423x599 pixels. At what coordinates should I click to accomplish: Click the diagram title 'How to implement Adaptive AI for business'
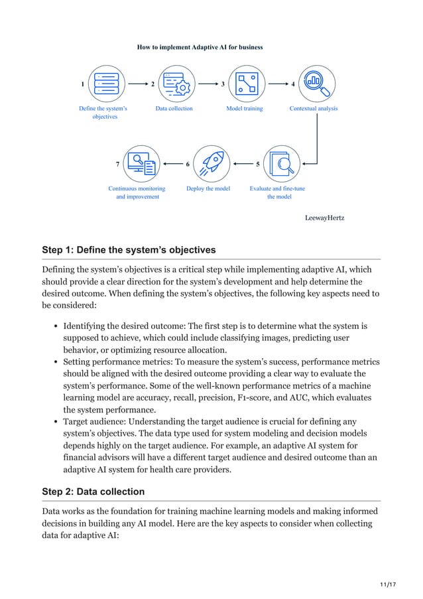pyautogui.click(x=200, y=47)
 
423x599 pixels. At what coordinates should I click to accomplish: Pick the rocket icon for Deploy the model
pyautogui.click(x=211, y=163)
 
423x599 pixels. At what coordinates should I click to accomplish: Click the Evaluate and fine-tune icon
pyautogui.click(x=283, y=163)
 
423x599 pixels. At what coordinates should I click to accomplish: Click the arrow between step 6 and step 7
pyautogui.click(x=173, y=163)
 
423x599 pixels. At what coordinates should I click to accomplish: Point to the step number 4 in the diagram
pyautogui.click(x=293, y=84)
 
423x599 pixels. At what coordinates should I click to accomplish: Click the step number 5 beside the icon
pyautogui.click(x=257, y=164)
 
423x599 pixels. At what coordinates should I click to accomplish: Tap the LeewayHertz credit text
pyautogui.click(x=324, y=218)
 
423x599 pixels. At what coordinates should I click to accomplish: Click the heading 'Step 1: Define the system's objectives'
pyautogui.click(x=129, y=250)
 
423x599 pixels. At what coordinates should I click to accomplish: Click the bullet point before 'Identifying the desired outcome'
pyautogui.click(x=56, y=326)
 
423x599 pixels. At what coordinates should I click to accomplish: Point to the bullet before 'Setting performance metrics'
pyautogui.click(x=56, y=362)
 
